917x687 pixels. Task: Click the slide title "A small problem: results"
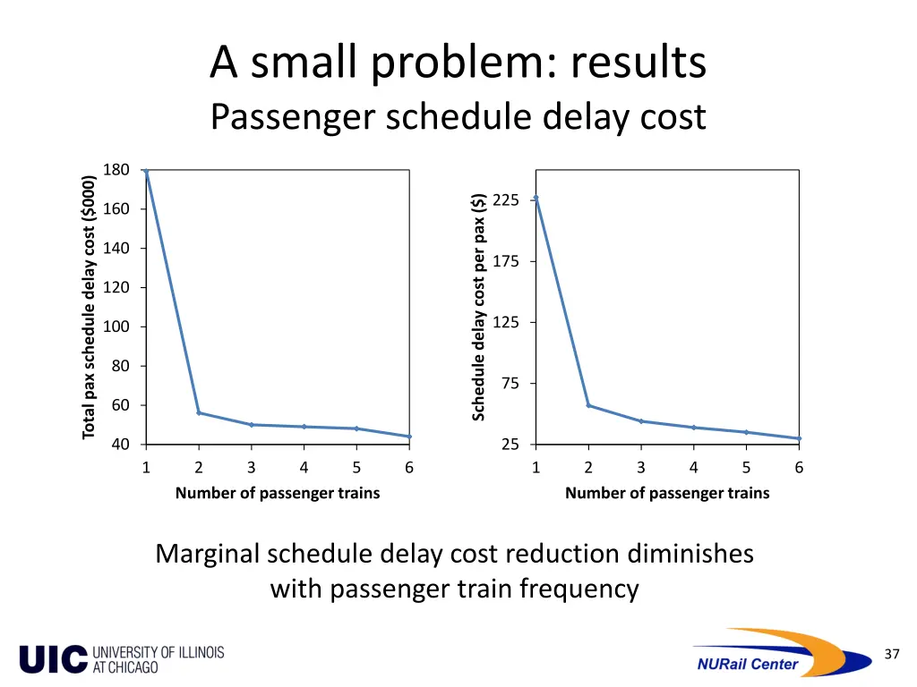pos(458,64)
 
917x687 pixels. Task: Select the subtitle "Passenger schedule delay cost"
pos(458,117)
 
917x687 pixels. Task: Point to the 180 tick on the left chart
pos(116,170)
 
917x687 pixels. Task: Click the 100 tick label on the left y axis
pos(116,327)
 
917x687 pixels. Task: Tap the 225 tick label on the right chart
pos(506,199)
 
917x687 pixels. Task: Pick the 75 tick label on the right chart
pos(510,384)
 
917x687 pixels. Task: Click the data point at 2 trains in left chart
pos(199,413)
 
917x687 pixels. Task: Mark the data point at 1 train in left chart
pos(146,171)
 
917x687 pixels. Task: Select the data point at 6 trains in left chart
pos(409,437)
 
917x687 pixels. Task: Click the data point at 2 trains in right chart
pos(588,405)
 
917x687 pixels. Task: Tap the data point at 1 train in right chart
pos(536,198)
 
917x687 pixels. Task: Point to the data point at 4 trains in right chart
pos(694,428)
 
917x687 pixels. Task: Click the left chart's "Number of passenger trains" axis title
pos(278,493)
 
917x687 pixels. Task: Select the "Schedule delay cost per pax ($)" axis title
pos(479,307)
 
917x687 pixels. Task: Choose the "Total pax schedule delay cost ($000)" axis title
pos(89,307)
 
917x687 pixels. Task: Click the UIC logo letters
pos(54,659)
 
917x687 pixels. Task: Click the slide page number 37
pos(891,655)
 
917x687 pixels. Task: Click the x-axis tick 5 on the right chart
pos(746,467)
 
